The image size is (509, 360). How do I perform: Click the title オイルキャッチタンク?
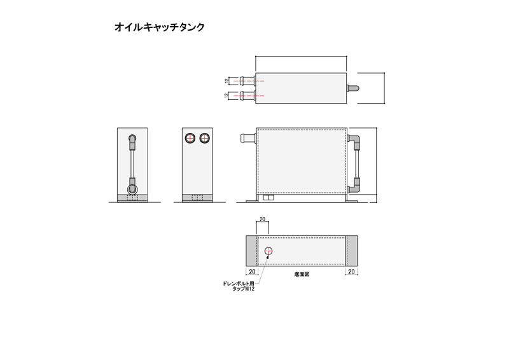[160, 27]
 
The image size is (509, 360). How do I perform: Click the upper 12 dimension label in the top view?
[227, 81]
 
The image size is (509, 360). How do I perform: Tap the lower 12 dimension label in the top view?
[227, 95]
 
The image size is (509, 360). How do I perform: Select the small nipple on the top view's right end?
[352, 88]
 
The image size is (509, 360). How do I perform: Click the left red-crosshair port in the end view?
[189, 139]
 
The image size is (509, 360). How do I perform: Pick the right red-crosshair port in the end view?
[204, 139]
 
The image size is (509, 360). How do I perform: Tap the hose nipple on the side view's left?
[248, 138]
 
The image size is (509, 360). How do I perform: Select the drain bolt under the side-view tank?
[268, 198]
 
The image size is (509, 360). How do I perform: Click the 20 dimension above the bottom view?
[262, 219]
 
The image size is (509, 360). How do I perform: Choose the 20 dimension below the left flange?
[252, 272]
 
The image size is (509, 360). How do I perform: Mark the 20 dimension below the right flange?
[351, 272]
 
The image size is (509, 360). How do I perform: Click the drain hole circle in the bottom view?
[268, 251]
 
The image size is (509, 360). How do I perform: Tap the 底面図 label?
[302, 274]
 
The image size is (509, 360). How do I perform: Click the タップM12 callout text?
[244, 289]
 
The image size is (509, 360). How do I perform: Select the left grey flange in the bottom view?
[251, 251]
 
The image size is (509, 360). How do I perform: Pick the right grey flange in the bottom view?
[351, 251]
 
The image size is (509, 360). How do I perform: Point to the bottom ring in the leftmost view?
[132, 190]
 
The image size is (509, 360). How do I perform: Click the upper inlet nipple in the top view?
[248, 81]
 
